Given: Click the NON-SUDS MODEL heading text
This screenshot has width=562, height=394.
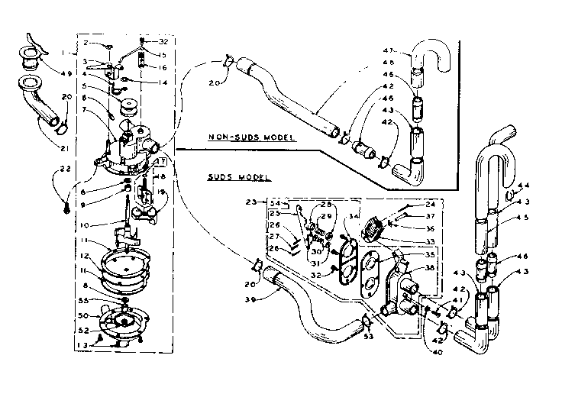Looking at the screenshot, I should pyautogui.click(x=252, y=138).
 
